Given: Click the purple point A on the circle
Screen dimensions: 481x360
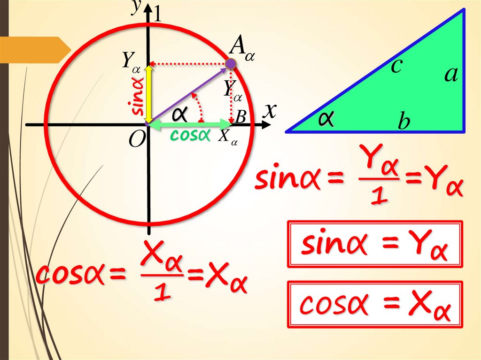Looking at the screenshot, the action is pos(230,64).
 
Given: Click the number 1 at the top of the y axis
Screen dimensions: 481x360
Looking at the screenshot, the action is pos(158,15).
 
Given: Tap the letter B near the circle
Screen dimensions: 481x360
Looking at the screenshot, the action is pos(240,117).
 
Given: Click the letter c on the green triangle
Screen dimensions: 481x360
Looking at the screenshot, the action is pos(396,67).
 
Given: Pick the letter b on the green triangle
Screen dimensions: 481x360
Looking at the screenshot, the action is pos(403,123).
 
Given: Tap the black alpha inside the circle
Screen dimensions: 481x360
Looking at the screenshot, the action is pos(179,114).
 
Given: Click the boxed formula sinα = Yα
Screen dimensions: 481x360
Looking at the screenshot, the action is pos(375,245).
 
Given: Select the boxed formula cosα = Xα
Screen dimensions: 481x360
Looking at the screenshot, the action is pos(375,305).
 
